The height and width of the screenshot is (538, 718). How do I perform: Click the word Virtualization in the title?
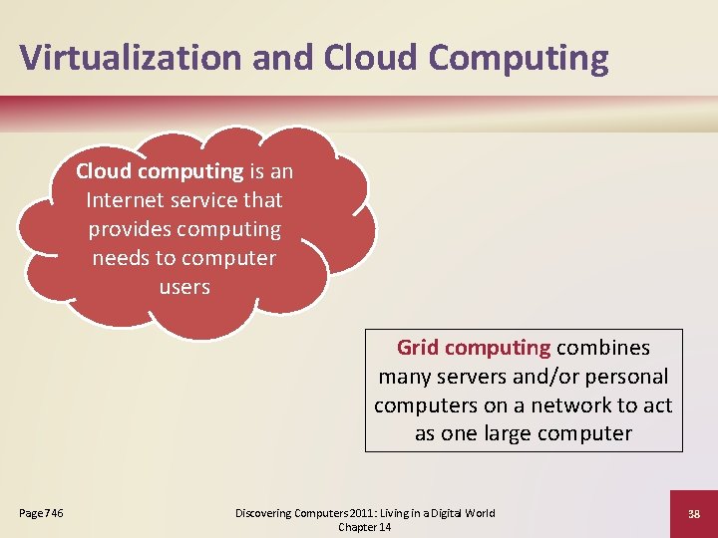[x=131, y=57]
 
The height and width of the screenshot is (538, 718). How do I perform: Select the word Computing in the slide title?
[x=518, y=57]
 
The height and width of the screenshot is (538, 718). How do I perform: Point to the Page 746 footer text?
[x=42, y=513]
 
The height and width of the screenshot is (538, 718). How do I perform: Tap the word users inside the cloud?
[x=184, y=287]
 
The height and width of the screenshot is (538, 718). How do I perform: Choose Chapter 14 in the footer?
[x=365, y=527]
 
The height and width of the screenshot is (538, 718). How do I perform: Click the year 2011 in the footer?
[x=339, y=513]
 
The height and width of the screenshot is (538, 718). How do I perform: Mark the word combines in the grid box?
[x=603, y=348]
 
